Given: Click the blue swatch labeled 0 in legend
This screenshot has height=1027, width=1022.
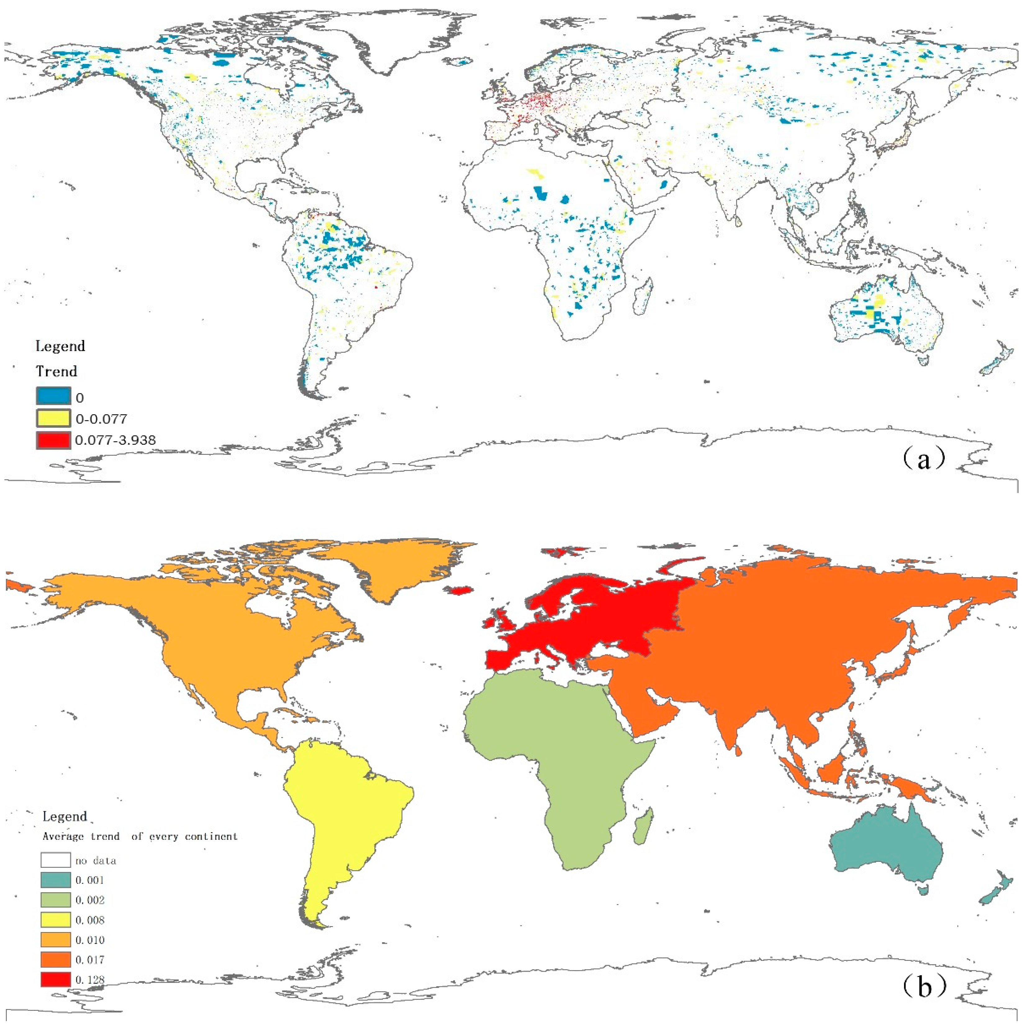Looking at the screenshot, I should [53, 396].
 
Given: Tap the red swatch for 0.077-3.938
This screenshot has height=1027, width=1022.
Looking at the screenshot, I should [53, 440].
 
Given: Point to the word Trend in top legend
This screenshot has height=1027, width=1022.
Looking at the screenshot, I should [56, 371].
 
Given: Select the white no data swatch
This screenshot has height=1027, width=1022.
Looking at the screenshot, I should [55, 860].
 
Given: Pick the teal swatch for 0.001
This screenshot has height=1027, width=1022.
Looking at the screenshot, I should [55, 880].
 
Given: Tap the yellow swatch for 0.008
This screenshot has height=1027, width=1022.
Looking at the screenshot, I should [55, 920].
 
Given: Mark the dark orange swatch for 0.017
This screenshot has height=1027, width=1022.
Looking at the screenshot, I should [55, 960].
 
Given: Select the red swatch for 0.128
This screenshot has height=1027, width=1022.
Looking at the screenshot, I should [55, 979].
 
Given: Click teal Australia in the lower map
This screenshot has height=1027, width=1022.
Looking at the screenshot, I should [882, 851].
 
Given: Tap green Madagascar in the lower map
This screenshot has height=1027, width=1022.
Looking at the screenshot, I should [643, 826].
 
